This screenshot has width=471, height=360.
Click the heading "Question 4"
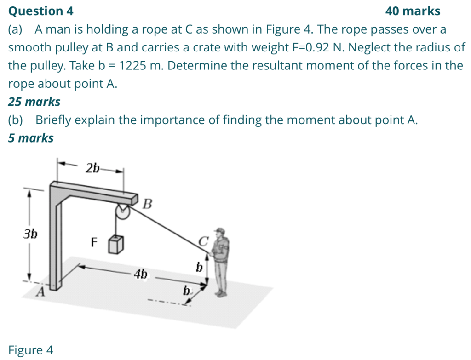40,11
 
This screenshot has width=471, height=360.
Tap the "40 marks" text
412,11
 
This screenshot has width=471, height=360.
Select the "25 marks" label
34,102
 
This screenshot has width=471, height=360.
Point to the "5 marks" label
31,138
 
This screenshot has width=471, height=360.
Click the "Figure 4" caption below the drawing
30,350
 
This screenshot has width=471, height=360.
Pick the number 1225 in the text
133,66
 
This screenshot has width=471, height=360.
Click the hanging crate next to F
116,245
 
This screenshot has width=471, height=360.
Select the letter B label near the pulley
147,204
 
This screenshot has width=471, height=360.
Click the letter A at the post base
41,291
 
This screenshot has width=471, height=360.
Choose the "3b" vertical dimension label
30,234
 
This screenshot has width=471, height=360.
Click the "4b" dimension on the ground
141,274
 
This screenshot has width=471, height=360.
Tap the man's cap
220,230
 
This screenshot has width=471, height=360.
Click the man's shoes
221,293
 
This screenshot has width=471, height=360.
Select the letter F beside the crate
94,242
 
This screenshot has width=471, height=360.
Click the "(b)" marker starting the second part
16,120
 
